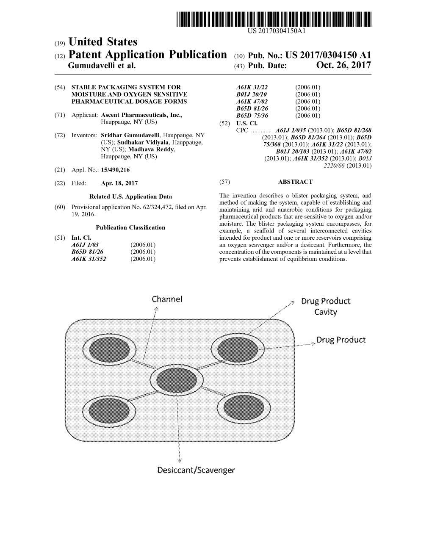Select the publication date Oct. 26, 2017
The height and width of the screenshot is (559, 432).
(x=343, y=66)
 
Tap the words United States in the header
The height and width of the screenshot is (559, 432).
(x=102, y=42)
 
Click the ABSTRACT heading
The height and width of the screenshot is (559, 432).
(x=295, y=182)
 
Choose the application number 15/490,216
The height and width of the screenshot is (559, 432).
(x=115, y=170)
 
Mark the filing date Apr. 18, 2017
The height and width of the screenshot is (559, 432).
(x=119, y=183)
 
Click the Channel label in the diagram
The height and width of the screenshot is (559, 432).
(x=167, y=299)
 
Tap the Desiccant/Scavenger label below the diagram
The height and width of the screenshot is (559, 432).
(x=196, y=470)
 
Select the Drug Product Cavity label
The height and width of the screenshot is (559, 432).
(x=325, y=307)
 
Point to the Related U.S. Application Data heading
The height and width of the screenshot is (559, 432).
(x=130, y=196)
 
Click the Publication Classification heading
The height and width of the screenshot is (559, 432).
(x=130, y=227)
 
